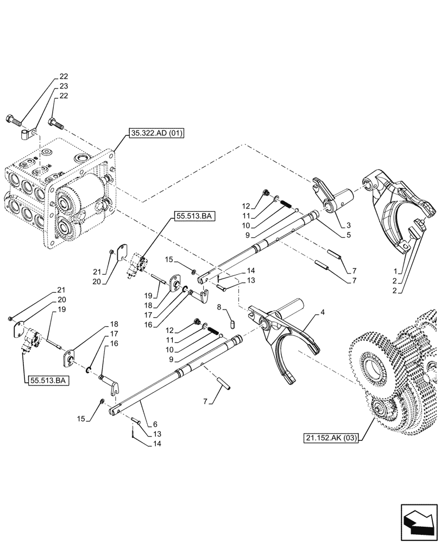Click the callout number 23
click(x=64, y=86)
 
